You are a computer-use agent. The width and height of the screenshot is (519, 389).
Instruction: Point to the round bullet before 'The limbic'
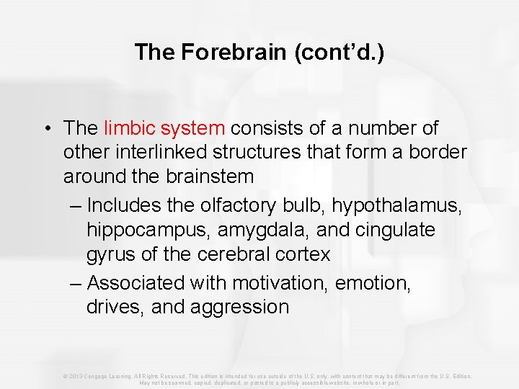45,129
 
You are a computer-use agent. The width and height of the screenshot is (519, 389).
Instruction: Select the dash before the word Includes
76,206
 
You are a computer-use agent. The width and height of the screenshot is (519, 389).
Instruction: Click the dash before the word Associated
76,283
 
